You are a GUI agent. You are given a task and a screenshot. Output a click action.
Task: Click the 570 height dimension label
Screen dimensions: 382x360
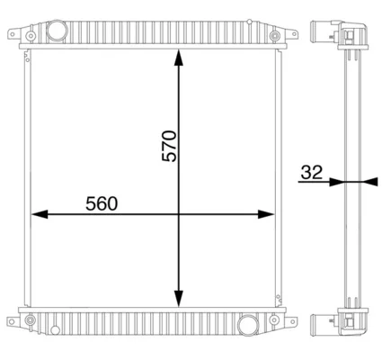[x=169, y=146]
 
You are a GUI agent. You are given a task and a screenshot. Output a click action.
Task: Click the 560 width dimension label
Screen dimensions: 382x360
[x=102, y=203]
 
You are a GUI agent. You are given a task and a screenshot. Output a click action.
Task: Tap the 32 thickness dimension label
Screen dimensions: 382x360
[x=312, y=172]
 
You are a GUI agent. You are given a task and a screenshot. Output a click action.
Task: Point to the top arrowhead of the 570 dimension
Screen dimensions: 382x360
[x=179, y=58]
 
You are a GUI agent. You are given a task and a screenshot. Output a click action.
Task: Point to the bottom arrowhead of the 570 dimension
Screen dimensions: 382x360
[x=179, y=299]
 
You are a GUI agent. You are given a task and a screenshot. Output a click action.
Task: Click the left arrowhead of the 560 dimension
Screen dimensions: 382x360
[x=40, y=214]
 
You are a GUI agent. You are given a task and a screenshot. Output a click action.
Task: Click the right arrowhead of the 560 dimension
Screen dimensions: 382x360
[x=266, y=214]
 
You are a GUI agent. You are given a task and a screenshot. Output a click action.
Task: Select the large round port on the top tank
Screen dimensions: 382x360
[x=57, y=30]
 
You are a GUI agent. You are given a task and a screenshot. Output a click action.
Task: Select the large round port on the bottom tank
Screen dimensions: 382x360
[x=248, y=325]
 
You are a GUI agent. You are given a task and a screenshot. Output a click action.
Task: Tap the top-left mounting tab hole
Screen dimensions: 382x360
[x=13, y=34]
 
